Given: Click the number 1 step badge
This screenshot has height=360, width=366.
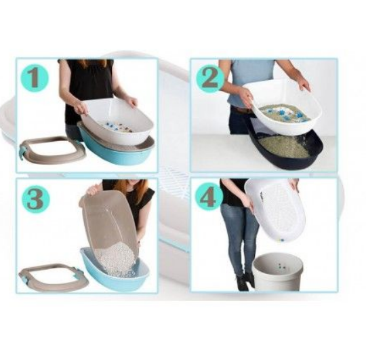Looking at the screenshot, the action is [35, 78].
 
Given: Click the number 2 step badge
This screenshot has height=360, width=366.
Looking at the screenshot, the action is [209, 78].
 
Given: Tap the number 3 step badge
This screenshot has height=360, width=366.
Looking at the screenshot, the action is [36, 199].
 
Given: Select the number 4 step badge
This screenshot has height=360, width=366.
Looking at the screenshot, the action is [209, 197].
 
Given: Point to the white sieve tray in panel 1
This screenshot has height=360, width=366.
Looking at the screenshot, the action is [117, 121].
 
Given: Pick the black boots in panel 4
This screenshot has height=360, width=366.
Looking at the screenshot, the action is [245, 282].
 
